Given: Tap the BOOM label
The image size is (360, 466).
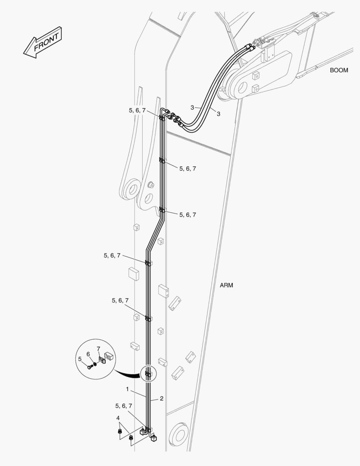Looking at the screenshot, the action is coord(339,70).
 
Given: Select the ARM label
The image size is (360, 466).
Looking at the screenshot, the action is coord(226,285).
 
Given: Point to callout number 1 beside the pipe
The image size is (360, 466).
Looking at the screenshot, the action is coord(128,389).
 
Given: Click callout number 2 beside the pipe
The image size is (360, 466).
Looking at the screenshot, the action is coord(162,399).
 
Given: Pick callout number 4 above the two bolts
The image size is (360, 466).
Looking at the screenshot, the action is coord(118,418).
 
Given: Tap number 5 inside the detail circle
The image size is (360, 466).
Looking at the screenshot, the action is coord(80,359).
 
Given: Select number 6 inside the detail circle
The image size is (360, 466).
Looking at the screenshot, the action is coord(88,354).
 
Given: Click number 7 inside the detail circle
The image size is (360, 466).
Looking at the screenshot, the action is coord(98,349).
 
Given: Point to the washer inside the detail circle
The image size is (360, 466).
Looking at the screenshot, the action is coord(94,364).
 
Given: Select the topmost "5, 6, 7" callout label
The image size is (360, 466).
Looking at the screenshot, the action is coord(137,110).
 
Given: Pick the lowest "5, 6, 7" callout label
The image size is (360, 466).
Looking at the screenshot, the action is coord(124,406).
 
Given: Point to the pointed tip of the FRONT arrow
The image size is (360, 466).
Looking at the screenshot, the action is coord(24,54).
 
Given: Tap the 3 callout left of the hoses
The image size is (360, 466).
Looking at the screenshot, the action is coord(192,107).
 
